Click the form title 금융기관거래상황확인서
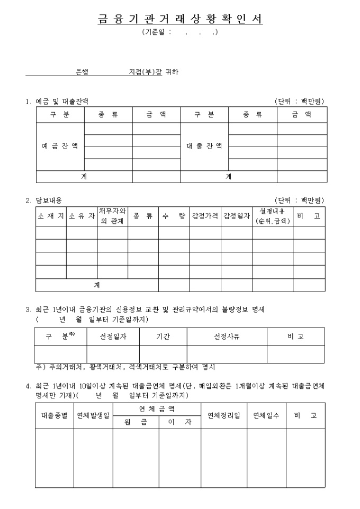pos(180,19)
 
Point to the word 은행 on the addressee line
pos(82,72)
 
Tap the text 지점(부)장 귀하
pos(154,72)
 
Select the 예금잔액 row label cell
pos(60,147)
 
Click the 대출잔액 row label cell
pos(204,147)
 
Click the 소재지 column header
pos(51,216)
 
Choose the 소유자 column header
pos(82,216)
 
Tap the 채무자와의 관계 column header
pos(112,216)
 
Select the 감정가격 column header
pos(205,216)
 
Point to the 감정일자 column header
pos(236,216)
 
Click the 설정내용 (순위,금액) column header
pos(273,216)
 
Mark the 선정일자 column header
pos(113,337)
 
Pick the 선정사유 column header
pos(227,337)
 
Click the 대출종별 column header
pos(55,415)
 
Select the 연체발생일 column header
pos(93,415)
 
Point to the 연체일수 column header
pos(266,415)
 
